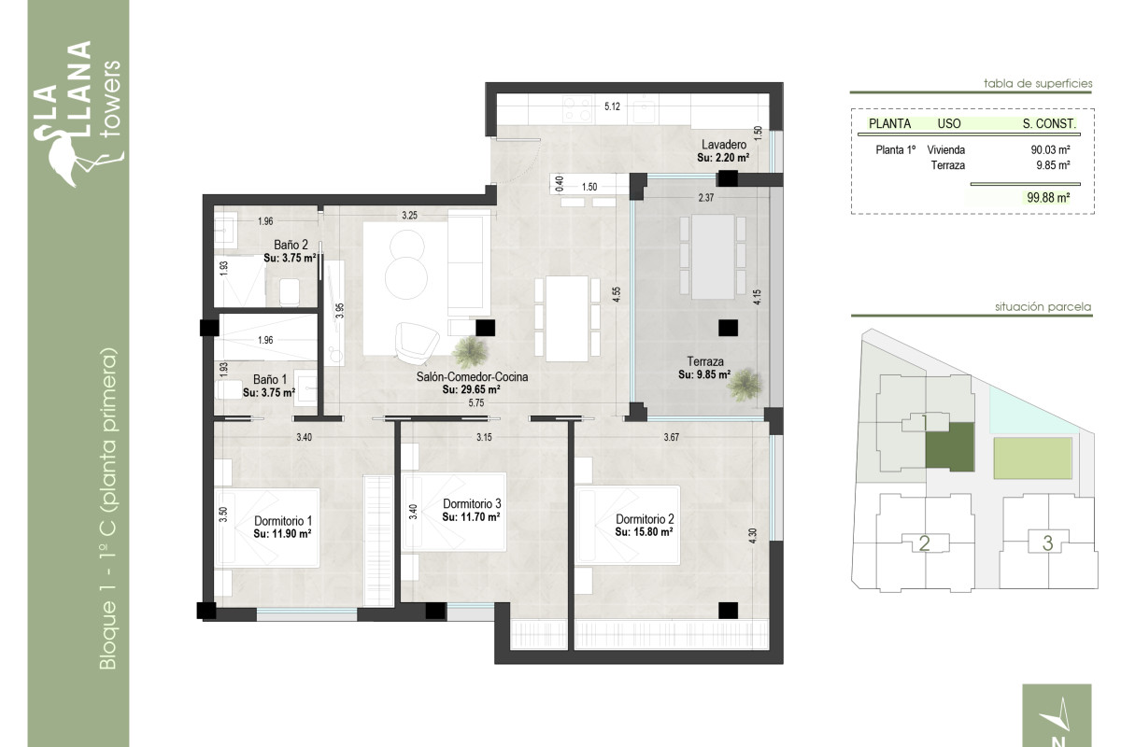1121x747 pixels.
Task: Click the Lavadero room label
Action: (x=723, y=145)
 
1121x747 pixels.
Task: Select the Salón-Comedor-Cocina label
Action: (x=472, y=377)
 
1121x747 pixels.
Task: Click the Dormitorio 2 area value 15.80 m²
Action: (x=645, y=531)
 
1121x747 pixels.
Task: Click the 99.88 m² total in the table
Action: (x=1046, y=197)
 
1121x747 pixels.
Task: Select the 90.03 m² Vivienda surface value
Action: (x=1049, y=149)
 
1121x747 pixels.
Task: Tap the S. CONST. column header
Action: (x=1049, y=123)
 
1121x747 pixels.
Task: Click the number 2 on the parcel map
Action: (x=924, y=543)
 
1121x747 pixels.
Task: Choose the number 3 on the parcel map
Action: (x=1047, y=543)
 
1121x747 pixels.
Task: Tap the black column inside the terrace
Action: (x=727, y=327)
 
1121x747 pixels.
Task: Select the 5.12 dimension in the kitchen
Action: (x=613, y=107)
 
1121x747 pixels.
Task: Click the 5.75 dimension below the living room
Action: (x=475, y=402)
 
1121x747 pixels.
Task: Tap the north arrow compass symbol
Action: (x=1057, y=717)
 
